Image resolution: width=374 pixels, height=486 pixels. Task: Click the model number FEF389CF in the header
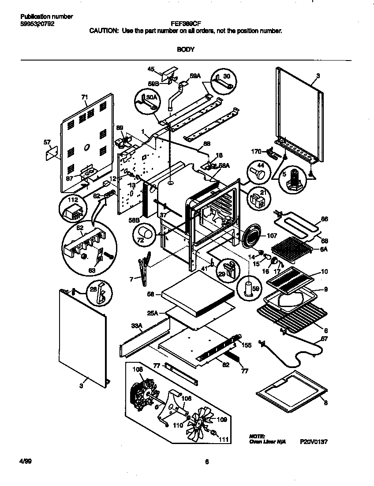point(186,25)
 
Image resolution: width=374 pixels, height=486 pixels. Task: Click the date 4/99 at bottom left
point(26,462)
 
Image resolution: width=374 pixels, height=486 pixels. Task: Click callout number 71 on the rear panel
point(85,96)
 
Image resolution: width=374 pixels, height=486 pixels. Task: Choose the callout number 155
point(247,345)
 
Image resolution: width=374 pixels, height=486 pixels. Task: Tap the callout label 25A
point(153,312)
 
